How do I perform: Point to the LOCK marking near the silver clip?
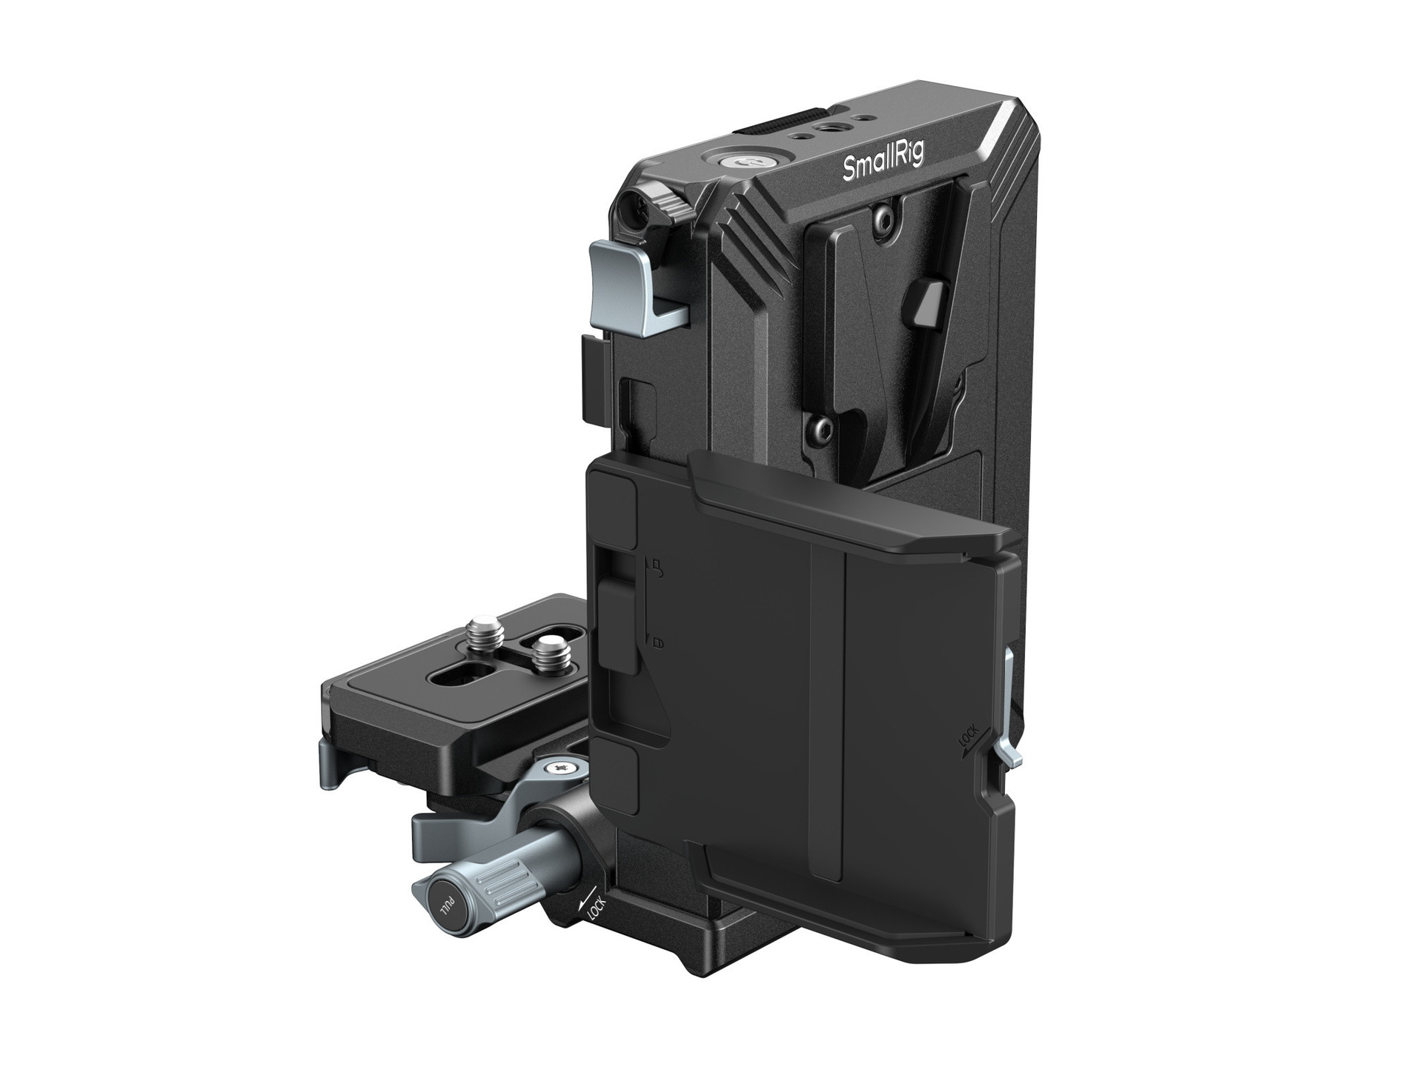(968, 740)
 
